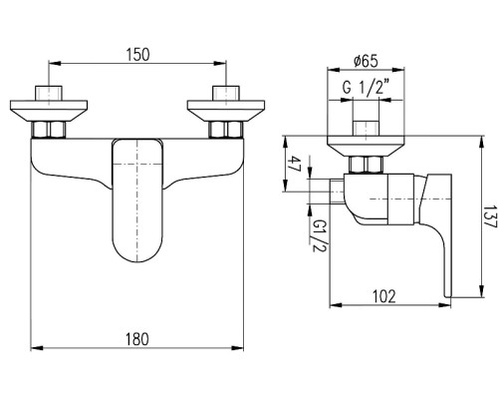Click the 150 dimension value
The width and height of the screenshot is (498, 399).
(x=137, y=55)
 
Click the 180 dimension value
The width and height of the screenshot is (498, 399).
(x=137, y=339)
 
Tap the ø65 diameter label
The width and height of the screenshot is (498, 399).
(x=366, y=61)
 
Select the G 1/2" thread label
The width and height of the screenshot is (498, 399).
(x=366, y=88)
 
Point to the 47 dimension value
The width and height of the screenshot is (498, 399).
(x=294, y=164)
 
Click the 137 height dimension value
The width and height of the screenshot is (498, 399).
(x=490, y=216)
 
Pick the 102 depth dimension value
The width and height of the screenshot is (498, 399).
(x=384, y=296)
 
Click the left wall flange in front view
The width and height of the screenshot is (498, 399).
(x=49, y=111)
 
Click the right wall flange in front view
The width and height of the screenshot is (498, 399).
(x=226, y=111)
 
